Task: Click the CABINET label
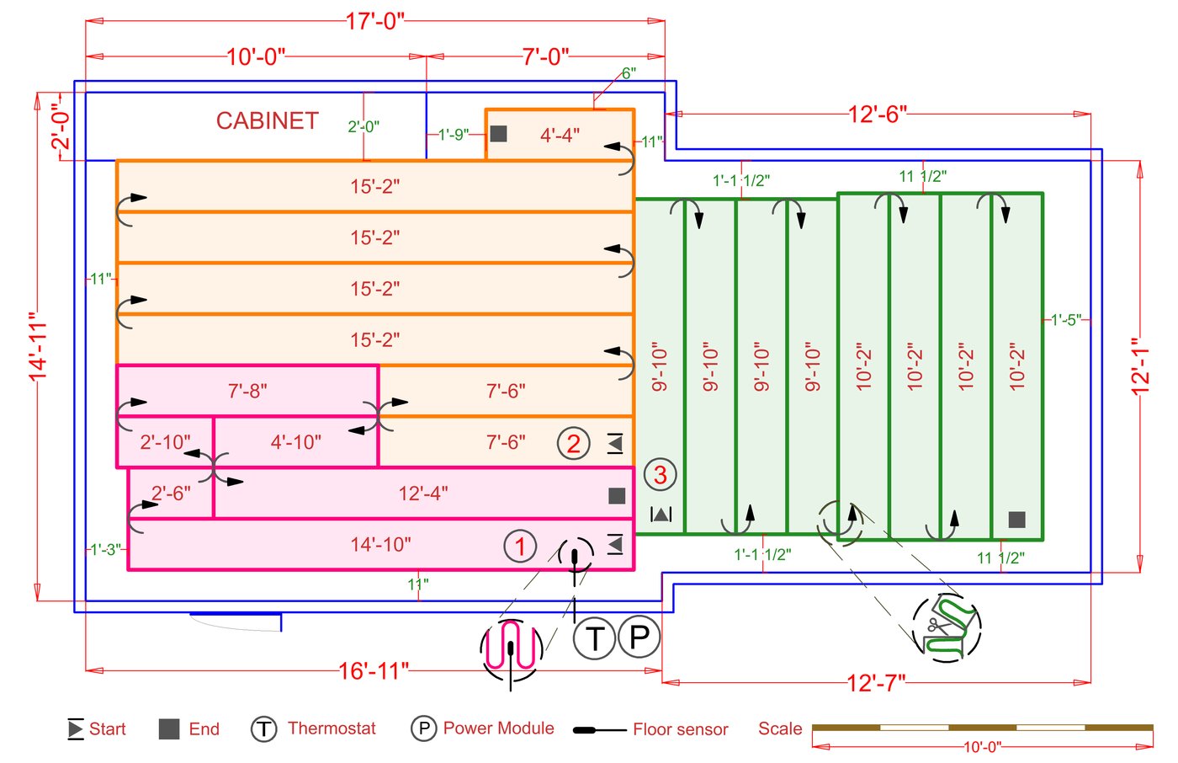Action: pos(267,121)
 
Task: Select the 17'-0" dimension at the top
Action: pos(375,21)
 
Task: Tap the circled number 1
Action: pos(520,546)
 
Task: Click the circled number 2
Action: pos(573,443)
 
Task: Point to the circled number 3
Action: pos(660,475)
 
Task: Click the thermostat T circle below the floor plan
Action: pos(595,638)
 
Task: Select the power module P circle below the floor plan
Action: pos(639,637)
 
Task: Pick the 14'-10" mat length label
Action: pos(380,545)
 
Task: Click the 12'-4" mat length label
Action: pos(423,494)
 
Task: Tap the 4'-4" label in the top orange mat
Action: pos(560,135)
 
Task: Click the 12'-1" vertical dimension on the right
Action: pos(1140,367)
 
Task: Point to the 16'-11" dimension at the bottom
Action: pos(374,671)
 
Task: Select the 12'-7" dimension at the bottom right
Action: pos(876,682)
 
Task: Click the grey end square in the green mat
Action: pos(1016,520)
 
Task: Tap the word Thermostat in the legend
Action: pos(332,728)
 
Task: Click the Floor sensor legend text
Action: pos(680,729)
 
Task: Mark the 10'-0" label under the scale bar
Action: pos(982,746)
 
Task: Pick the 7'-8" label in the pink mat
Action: pos(247,392)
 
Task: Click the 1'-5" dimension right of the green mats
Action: pos(1065,320)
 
